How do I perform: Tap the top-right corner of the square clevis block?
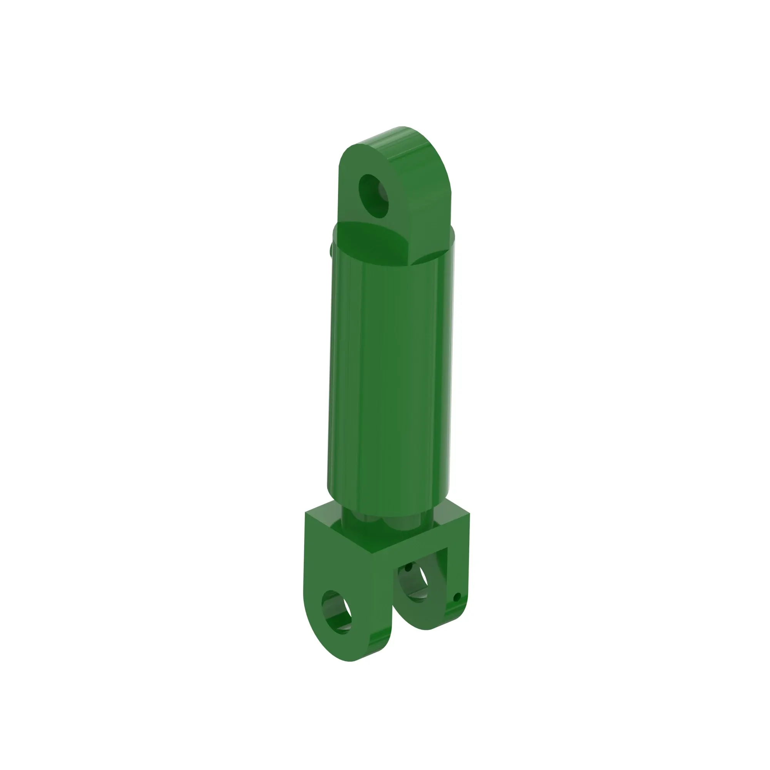[469, 514]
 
